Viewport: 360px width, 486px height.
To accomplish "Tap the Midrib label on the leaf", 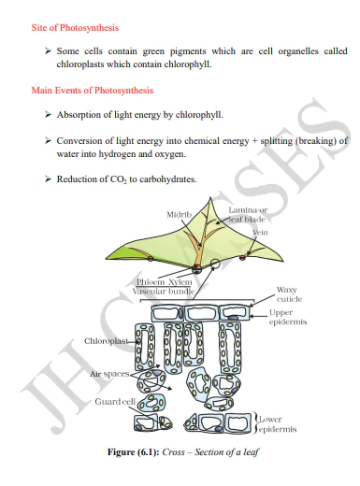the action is coord(179,215).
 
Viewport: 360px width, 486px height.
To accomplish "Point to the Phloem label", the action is coord(151,280).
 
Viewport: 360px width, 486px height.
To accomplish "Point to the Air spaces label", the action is coord(108,374).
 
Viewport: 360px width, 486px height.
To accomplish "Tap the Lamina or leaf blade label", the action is coord(248,214).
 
